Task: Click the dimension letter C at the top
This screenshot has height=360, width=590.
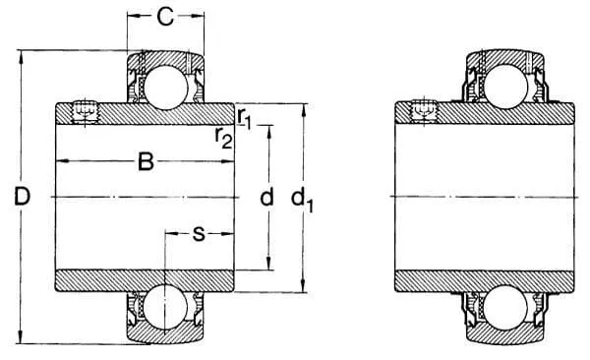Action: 165,17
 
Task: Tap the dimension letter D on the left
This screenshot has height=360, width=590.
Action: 22,197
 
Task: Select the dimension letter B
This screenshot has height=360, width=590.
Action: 146,161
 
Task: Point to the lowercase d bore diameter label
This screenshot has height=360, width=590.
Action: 266,197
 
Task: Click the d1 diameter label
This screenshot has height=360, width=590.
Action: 302,200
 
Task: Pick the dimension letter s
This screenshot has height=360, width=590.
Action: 199,234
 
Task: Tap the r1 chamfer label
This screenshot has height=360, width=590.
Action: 244,118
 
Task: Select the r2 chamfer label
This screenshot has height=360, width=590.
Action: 223,138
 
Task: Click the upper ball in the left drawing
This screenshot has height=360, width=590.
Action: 165,87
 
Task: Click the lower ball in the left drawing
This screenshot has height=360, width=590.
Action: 165,306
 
